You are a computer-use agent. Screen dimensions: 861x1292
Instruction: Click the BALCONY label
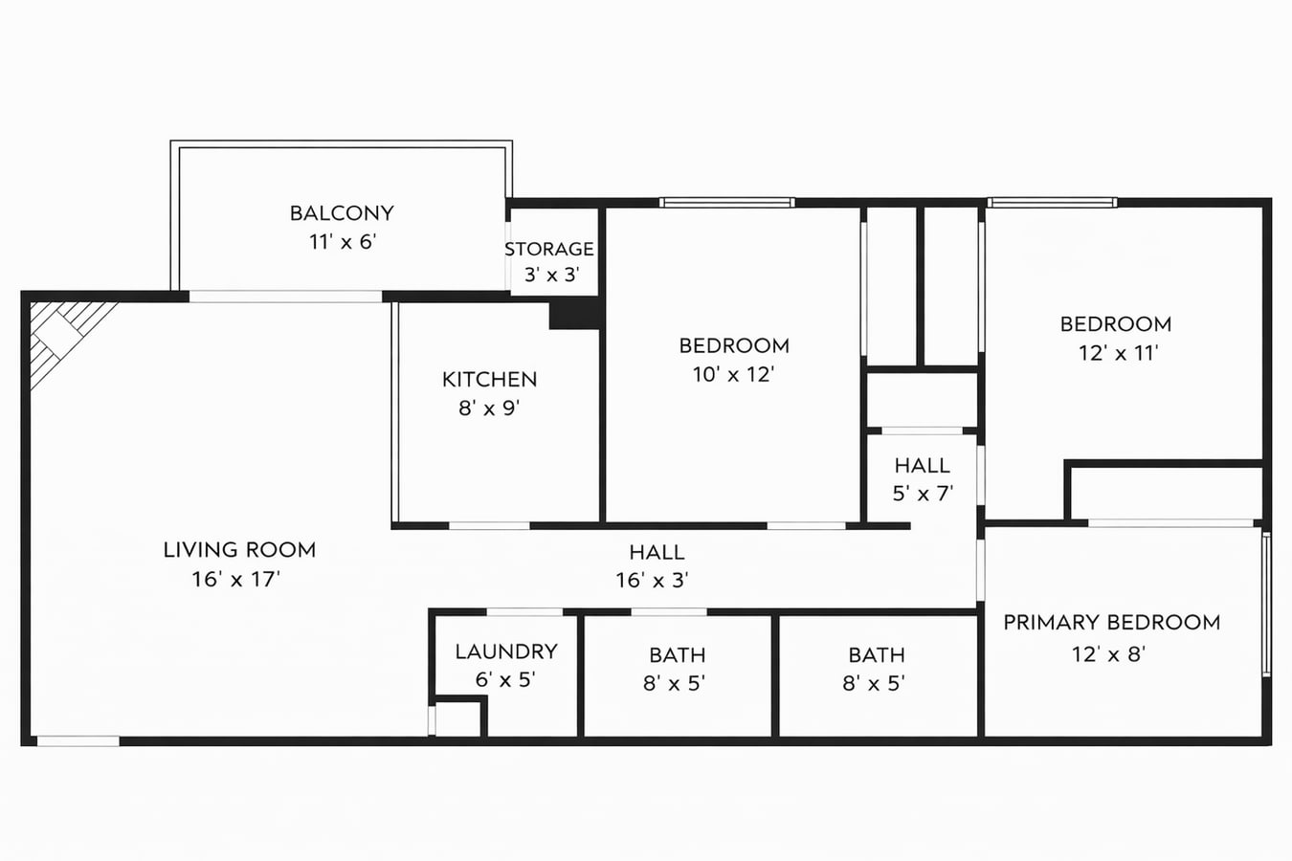point(342,213)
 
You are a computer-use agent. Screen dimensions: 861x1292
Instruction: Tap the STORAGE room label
point(549,249)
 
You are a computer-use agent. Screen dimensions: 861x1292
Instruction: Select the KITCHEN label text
point(489,379)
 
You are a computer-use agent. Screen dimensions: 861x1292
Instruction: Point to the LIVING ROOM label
point(239,550)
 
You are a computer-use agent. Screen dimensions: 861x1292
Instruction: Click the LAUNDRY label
point(506,651)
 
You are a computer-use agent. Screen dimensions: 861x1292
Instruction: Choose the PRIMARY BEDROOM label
point(1111,623)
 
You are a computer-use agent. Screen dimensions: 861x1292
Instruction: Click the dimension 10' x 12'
point(733,374)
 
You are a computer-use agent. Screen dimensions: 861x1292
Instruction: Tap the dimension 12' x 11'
point(1118,353)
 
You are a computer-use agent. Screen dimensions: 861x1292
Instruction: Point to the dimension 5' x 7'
point(923,494)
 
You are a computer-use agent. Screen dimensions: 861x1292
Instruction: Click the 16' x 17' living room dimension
point(235,579)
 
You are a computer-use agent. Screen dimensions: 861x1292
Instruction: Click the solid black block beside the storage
point(574,315)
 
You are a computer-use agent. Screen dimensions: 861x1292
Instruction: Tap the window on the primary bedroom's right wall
point(1266,605)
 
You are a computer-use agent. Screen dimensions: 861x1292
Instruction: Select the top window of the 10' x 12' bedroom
point(726,203)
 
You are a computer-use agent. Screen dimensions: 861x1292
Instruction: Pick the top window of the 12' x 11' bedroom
point(1052,203)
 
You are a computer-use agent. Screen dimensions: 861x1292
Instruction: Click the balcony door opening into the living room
point(285,297)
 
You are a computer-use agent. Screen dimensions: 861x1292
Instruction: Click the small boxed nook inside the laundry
point(457,719)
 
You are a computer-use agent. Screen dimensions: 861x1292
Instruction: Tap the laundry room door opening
point(524,611)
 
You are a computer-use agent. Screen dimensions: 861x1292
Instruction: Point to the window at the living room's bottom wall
point(78,740)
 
